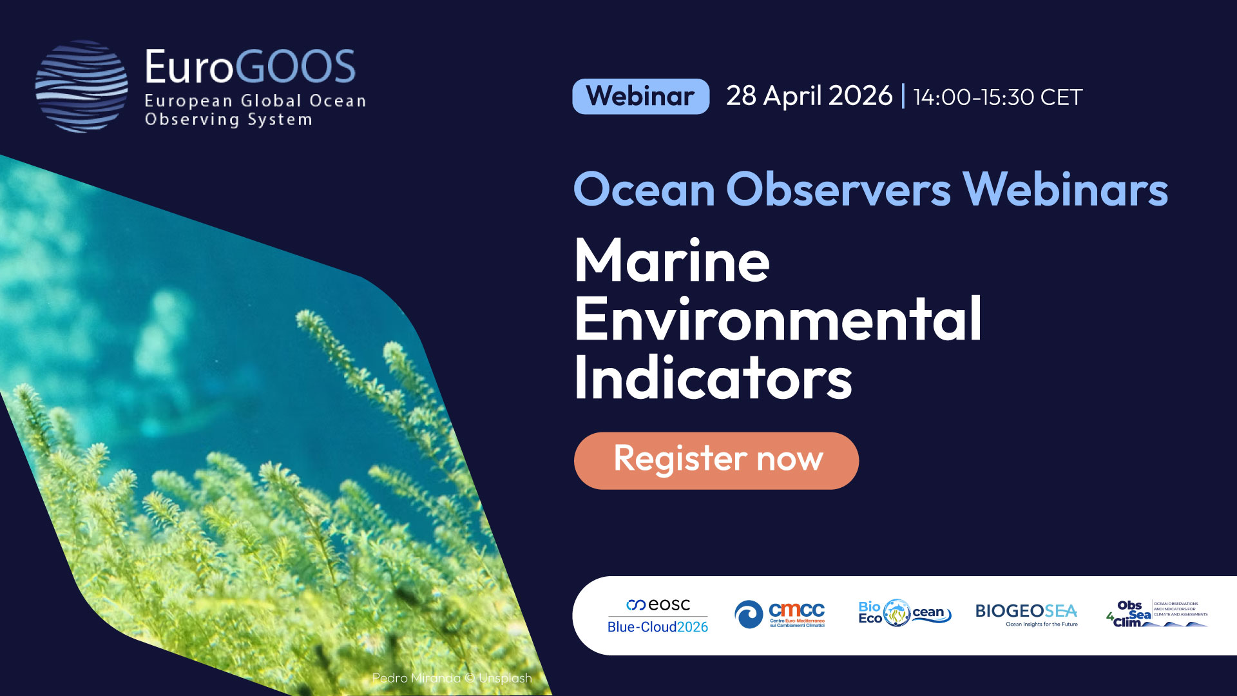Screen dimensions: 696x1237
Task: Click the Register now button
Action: click(x=716, y=460)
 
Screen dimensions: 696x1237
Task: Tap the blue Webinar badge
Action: click(x=640, y=97)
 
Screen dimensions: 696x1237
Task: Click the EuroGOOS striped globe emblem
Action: click(x=81, y=86)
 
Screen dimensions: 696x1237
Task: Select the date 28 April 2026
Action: click(x=809, y=96)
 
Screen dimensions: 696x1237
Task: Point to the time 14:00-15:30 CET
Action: click(x=997, y=97)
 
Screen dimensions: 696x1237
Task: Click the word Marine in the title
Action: click(x=672, y=261)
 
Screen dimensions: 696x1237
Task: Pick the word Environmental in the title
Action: click(x=778, y=319)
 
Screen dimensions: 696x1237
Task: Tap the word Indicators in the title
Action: click(x=713, y=378)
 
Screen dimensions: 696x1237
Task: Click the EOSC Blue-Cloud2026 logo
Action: click(x=658, y=615)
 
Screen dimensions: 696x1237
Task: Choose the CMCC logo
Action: click(x=780, y=614)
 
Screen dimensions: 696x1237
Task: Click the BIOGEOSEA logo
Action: click(x=1026, y=614)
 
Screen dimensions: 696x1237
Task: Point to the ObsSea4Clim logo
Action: click(x=1157, y=614)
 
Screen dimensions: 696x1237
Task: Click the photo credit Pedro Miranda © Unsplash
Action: click(x=452, y=678)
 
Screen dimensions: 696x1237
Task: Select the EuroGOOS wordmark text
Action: click(x=250, y=66)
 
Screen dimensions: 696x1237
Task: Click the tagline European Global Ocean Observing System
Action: click(x=255, y=110)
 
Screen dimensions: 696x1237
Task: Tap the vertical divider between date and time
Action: click(x=903, y=97)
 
